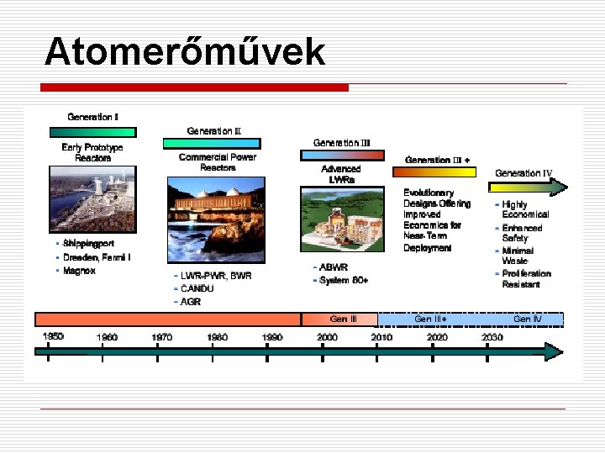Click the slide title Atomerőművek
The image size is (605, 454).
click(x=185, y=52)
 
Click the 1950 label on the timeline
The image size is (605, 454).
click(x=53, y=336)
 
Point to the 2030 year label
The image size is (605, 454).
click(x=492, y=337)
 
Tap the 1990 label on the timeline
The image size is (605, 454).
click(x=271, y=337)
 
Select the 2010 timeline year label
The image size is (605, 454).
click(x=381, y=337)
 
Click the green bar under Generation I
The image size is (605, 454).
click(x=92, y=132)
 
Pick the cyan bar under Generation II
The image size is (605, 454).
click(x=212, y=144)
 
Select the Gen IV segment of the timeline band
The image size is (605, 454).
click(x=527, y=319)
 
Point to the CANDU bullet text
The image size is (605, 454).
click(x=197, y=288)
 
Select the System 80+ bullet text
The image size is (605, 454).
click(x=345, y=280)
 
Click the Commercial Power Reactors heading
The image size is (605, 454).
click(x=218, y=162)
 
